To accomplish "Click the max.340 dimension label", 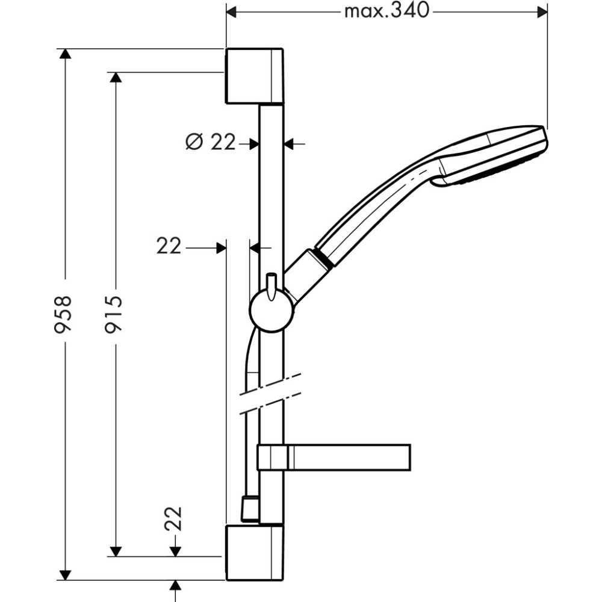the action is click(x=386, y=11).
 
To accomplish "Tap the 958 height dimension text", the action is click(x=62, y=314).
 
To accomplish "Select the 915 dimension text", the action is click(x=114, y=314).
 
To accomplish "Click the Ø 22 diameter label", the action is click(x=210, y=143).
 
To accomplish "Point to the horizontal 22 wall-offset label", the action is click(x=169, y=246).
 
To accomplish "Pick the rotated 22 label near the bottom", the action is click(x=173, y=519).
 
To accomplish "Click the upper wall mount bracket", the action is click(x=255, y=76).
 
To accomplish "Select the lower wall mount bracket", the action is click(x=255, y=553).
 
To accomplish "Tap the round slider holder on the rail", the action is click(x=272, y=311).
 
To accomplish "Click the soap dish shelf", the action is click(x=334, y=458).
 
